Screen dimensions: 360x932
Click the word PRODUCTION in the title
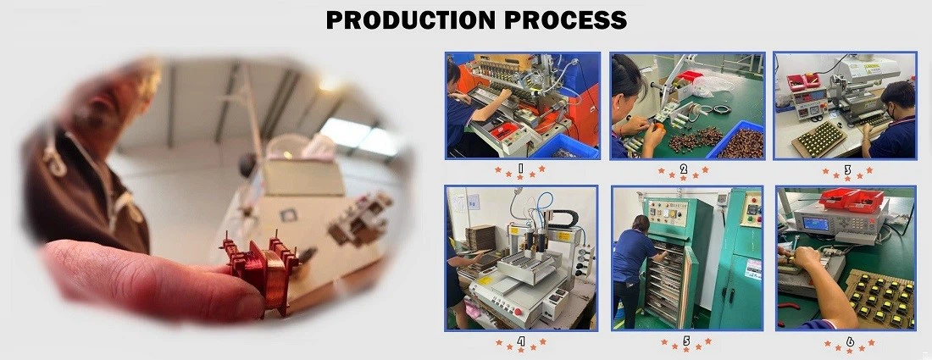[410, 20]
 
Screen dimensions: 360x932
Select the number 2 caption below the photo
[684, 169]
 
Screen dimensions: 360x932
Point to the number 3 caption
[847, 169]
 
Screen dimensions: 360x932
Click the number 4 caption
[521, 342]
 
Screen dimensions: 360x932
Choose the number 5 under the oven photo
[685, 342]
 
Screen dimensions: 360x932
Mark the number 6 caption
[847, 342]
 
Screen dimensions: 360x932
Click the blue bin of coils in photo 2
[738, 141]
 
